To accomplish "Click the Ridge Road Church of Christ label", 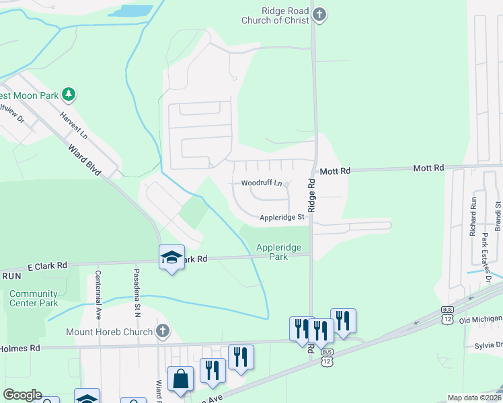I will [x=276, y=15].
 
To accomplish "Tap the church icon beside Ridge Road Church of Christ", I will [x=319, y=15].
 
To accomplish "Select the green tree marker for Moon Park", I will [x=68, y=94].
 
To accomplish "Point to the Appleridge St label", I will [x=282, y=217].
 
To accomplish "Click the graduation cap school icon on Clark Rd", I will [x=171, y=257].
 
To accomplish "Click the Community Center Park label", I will [x=34, y=298].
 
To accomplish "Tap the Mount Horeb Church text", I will [x=109, y=332].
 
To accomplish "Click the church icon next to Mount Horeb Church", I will [x=161, y=331].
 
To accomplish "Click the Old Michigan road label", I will [x=481, y=320].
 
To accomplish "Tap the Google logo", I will [x=22, y=395].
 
